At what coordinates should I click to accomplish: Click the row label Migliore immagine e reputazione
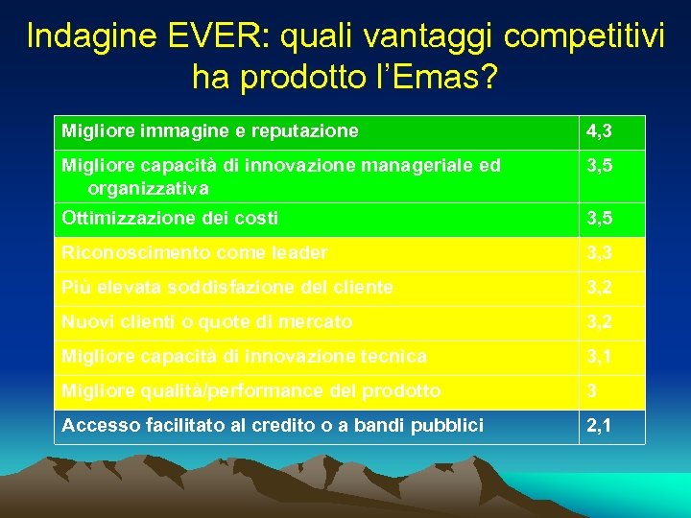(209, 130)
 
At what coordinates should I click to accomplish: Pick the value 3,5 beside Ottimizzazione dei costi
(601, 219)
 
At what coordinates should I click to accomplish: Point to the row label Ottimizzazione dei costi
(170, 219)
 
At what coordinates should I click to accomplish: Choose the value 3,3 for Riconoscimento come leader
(601, 253)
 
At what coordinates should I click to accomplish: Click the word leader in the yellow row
(299, 253)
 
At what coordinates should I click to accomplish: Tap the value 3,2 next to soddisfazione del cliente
(601, 287)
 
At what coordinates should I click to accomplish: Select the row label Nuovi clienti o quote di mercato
(206, 322)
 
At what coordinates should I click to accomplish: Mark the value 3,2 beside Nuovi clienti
(601, 322)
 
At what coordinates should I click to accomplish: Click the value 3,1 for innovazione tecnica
(601, 357)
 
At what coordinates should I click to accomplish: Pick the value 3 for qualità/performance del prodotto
(593, 391)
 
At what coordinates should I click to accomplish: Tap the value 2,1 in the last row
(601, 426)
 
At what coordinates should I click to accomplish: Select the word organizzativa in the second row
(148, 189)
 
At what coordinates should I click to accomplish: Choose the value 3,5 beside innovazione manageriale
(601, 166)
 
